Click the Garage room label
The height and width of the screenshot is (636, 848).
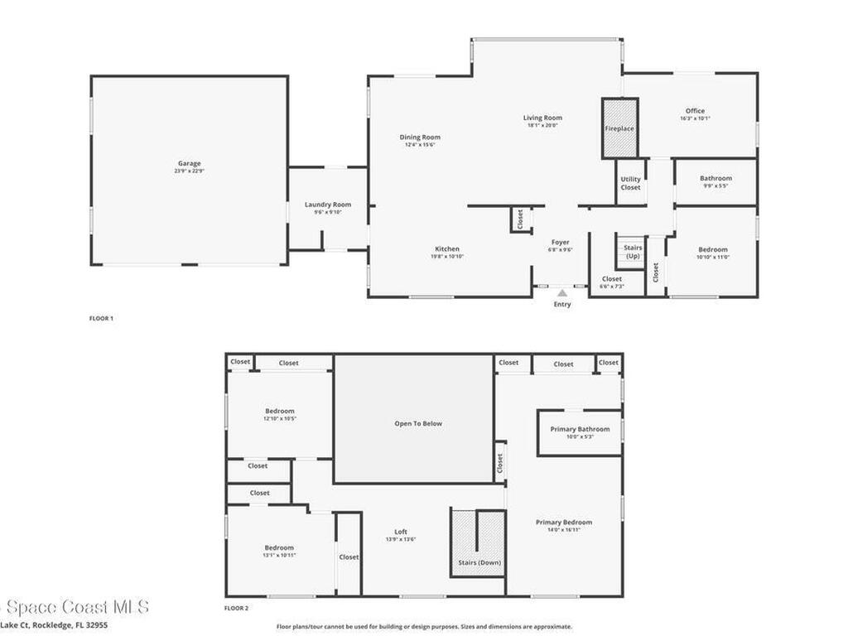point(188,163)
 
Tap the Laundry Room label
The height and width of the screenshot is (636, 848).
point(328,205)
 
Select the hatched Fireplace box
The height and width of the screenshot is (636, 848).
point(619,128)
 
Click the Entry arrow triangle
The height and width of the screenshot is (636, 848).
point(562,293)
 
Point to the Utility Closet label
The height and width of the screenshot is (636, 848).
point(631,183)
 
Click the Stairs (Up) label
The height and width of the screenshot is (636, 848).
point(633,251)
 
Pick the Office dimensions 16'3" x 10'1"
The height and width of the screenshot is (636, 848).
point(695,118)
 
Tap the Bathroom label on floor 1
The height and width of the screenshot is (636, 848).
point(715,178)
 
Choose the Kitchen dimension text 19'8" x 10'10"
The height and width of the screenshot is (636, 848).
point(447,257)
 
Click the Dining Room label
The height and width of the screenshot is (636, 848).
point(420,137)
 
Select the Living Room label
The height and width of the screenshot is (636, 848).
point(542,118)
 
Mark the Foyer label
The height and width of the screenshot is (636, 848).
point(561,242)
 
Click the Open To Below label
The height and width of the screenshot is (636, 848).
point(418,423)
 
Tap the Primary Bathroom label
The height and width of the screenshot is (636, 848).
point(580,429)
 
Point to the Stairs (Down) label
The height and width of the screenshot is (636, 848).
point(479,562)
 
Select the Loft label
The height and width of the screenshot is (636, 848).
point(401,532)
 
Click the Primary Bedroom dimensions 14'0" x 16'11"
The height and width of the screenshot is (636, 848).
point(564,530)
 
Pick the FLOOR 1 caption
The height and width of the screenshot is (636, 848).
point(100,318)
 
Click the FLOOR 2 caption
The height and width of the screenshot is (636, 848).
point(236,608)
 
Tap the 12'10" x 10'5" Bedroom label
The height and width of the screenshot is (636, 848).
point(279,418)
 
